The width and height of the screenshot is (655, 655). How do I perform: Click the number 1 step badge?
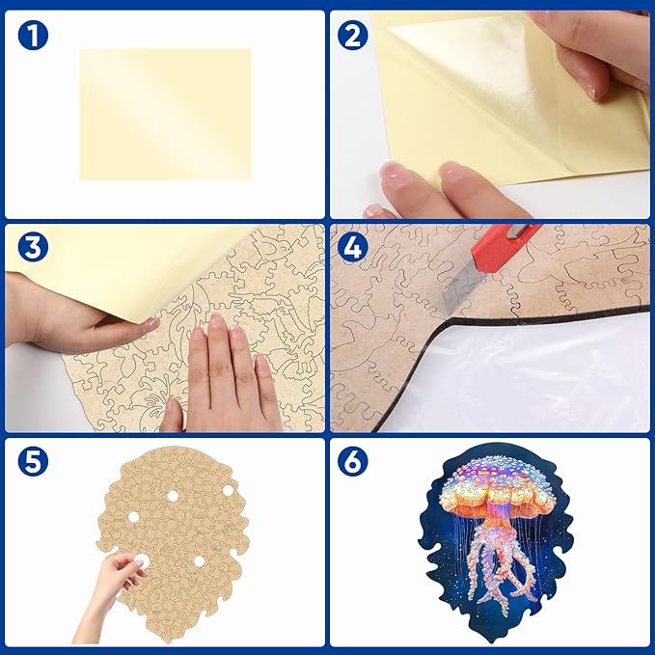coord(32,37)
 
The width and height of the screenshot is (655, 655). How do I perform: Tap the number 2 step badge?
coord(353,37)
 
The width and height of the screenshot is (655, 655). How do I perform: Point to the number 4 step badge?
coord(353,249)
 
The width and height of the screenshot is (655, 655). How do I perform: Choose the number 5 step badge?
coord(32,462)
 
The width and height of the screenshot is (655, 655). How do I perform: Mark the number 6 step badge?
coord(353,462)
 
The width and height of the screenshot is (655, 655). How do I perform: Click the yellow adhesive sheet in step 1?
coord(165,114)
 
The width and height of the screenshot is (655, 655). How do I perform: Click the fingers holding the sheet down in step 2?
coord(434,188)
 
